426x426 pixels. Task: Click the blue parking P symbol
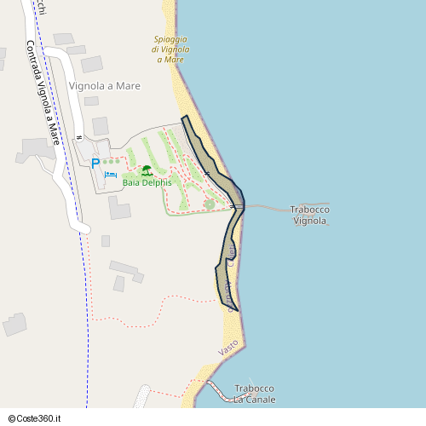tap(95, 163)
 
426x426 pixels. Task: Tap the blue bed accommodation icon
tap(111, 175)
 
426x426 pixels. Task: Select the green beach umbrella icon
tap(147, 170)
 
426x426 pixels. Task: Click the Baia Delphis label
tap(147, 182)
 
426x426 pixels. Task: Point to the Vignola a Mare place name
tap(105, 86)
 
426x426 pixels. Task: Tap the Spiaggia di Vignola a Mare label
tap(170, 49)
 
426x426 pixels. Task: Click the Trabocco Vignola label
tap(310, 215)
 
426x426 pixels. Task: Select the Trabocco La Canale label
tap(254, 394)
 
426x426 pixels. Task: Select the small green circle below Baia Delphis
tap(210, 204)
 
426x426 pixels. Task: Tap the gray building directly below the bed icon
tap(119, 207)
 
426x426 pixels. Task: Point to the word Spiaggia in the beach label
tap(171, 39)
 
